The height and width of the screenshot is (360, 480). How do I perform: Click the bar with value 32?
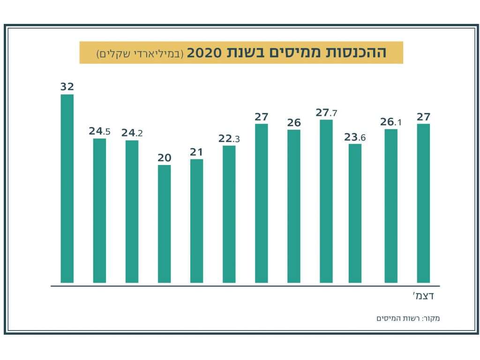point(67,188)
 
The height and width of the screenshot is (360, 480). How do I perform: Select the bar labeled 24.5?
point(99,210)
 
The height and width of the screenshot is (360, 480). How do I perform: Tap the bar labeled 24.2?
point(132,211)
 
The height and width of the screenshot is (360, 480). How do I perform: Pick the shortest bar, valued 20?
point(164,224)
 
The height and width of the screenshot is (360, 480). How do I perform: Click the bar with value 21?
point(196,221)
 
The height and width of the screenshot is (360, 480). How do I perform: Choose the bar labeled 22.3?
point(229,214)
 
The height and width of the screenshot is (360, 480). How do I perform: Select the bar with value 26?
point(293,206)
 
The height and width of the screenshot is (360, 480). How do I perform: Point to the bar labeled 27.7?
point(326,201)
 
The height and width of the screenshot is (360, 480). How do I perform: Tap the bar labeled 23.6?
point(355,213)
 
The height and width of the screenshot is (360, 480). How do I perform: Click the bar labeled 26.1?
point(391,206)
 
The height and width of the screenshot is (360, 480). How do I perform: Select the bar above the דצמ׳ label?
point(423,203)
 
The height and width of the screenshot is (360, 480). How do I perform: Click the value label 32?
point(67,87)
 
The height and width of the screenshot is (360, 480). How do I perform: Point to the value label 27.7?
point(326,113)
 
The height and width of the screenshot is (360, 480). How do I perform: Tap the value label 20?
point(164,158)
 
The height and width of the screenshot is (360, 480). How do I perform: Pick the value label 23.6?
point(355,137)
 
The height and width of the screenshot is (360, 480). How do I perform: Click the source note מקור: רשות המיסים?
point(408,319)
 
